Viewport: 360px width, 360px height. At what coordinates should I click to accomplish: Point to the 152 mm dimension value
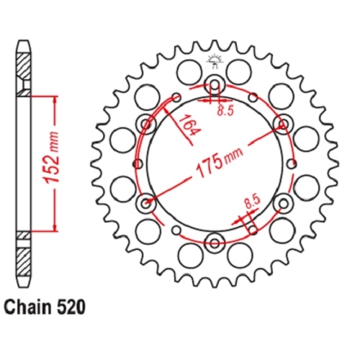coord(52,157)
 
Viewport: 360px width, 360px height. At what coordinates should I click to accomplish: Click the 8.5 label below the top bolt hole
coord(225,111)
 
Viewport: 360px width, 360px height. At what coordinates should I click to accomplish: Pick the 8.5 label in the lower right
coord(252,202)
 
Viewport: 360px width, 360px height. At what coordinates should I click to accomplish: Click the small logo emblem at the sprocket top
coord(215,62)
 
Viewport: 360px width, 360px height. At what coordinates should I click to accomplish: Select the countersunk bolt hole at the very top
coord(215,84)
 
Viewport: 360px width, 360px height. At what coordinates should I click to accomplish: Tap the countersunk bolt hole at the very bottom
coord(215,243)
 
